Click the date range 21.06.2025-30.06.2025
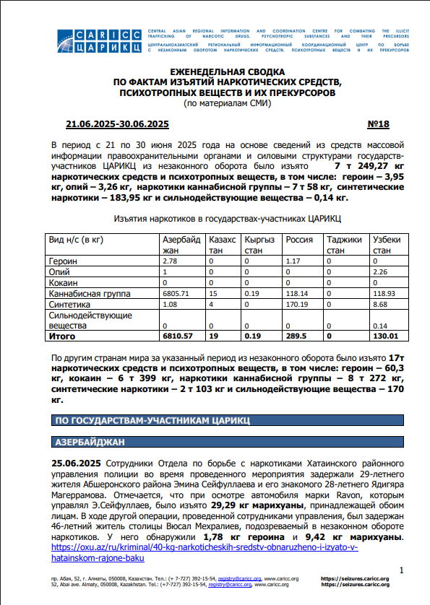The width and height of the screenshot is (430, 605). pyautogui.click(x=117, y=123)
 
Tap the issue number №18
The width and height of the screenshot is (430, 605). pyautogui.click(x=379, y=123)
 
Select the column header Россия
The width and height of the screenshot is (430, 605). pyautogui.click(x=298, y=240)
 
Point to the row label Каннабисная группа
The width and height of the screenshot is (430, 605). pyautogui.click(x=89, y=295)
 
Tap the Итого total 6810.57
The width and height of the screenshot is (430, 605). pyautogui.click(x=177, y=336)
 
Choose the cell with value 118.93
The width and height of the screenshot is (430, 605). pyautogui.click(x=384, y=295)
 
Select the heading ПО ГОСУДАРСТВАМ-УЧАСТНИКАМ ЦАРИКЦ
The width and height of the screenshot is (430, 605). pyautogui.click(x=152, y=419)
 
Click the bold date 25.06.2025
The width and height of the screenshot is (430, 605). pyautogui.click(x=77, y=463)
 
